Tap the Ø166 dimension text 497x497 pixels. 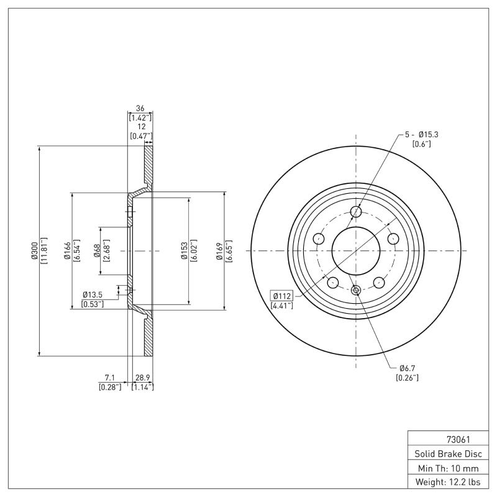point(68,251)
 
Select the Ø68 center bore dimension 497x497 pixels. point(98,251)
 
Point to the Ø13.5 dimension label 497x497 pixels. point(93,295)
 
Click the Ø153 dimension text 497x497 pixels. point(185,251)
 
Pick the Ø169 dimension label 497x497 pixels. point(220,251)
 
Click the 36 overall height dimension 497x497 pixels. point(140,108)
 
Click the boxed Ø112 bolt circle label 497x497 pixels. point(281,295)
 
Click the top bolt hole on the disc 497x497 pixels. point(356,212)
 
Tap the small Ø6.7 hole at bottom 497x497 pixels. point(356,290)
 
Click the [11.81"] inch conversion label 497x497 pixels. point(43,251)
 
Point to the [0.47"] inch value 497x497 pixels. point(140,135)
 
